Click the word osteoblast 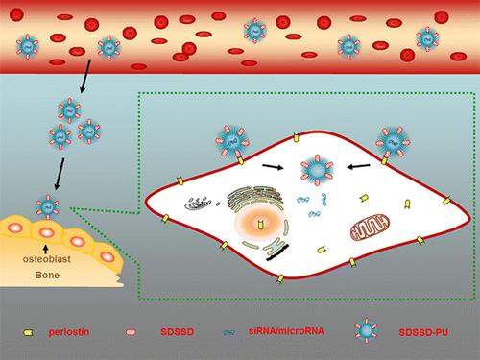47,259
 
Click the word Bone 47,275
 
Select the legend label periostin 68,332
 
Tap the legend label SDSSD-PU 423,332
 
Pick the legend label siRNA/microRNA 286,330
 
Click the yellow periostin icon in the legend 29,333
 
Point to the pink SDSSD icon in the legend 131,332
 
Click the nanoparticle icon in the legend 366,330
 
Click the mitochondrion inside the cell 370,227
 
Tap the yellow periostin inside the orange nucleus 261,225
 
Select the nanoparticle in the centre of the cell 317,170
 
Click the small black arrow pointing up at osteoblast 46,249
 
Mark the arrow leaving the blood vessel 85,76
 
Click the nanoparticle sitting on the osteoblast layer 48,206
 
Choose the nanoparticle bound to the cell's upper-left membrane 232,142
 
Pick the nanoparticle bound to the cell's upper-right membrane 393,142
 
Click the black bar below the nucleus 277,252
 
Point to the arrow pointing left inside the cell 359,166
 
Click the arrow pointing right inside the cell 273,166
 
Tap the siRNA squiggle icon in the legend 229,333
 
